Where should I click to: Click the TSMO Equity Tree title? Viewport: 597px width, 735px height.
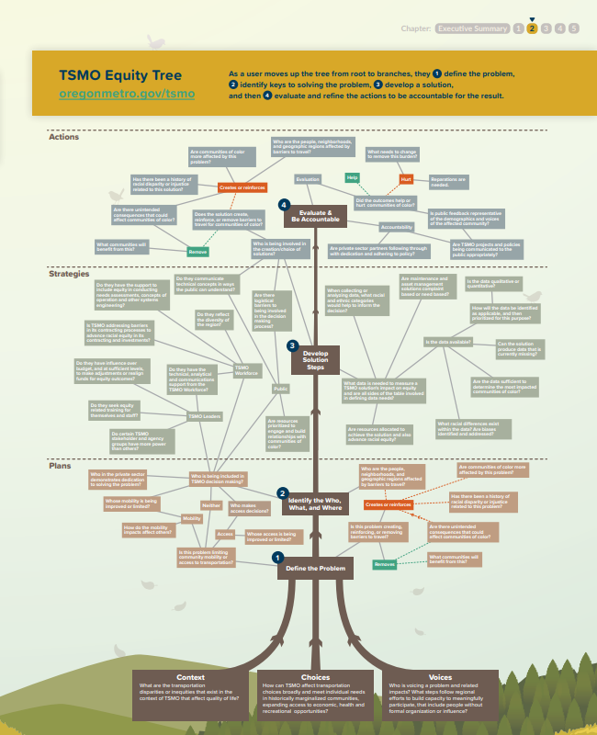tap(119, 75)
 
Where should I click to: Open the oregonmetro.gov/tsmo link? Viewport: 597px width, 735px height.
tap(127, 94)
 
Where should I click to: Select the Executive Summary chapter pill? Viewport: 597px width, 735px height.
tap(472, 28)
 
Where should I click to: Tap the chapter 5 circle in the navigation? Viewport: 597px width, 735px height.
tap(574, 28)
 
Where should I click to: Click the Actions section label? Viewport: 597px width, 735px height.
tap(63, 136)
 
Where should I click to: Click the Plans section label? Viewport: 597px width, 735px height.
tap(60, 465)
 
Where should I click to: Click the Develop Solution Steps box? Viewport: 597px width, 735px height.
tap(315, 359)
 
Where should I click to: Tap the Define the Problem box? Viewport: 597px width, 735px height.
tap(315, 569)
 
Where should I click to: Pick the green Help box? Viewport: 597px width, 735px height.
tap(352, 176)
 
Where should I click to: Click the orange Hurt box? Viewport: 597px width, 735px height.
tap(406, 179)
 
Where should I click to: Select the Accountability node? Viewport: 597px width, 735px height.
tap(397, 227)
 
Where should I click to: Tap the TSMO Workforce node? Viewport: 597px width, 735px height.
tap(221, 371)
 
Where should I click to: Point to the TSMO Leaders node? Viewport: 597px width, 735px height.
tap(204, 416)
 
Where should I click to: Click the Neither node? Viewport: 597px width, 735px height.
tap(211, 505)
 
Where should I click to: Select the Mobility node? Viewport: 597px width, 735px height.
tap(192, 518)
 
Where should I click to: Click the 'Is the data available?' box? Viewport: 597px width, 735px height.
tap(448, 341)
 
